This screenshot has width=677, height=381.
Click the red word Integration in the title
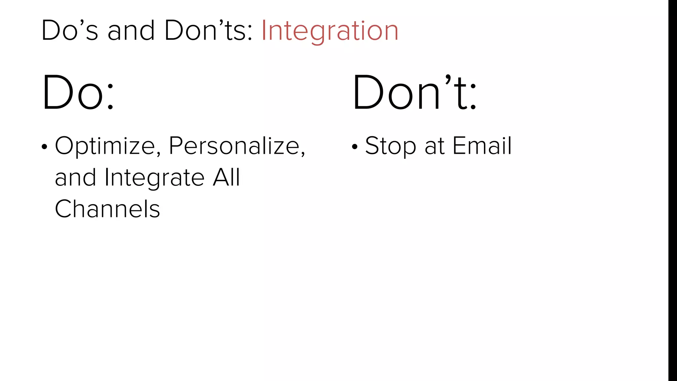(x=330, y=31)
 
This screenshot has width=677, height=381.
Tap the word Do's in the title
(x=70, y=31)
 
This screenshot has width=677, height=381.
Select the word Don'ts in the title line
(x=208, y=31)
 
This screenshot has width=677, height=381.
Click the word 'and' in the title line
(x=131, y=31)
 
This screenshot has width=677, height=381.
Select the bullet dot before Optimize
(x=45, y=147)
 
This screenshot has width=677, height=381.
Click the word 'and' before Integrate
(x=75, y=178)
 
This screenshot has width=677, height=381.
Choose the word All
(x=226, y=178)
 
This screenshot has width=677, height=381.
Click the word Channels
(x=107, y=209)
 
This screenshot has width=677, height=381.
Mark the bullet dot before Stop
(x=355, y=147)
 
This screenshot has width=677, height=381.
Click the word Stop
(x=390, y=146)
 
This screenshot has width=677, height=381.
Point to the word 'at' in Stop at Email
(x=434, y=146)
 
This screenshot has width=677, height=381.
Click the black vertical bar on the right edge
(x=672, y=190)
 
